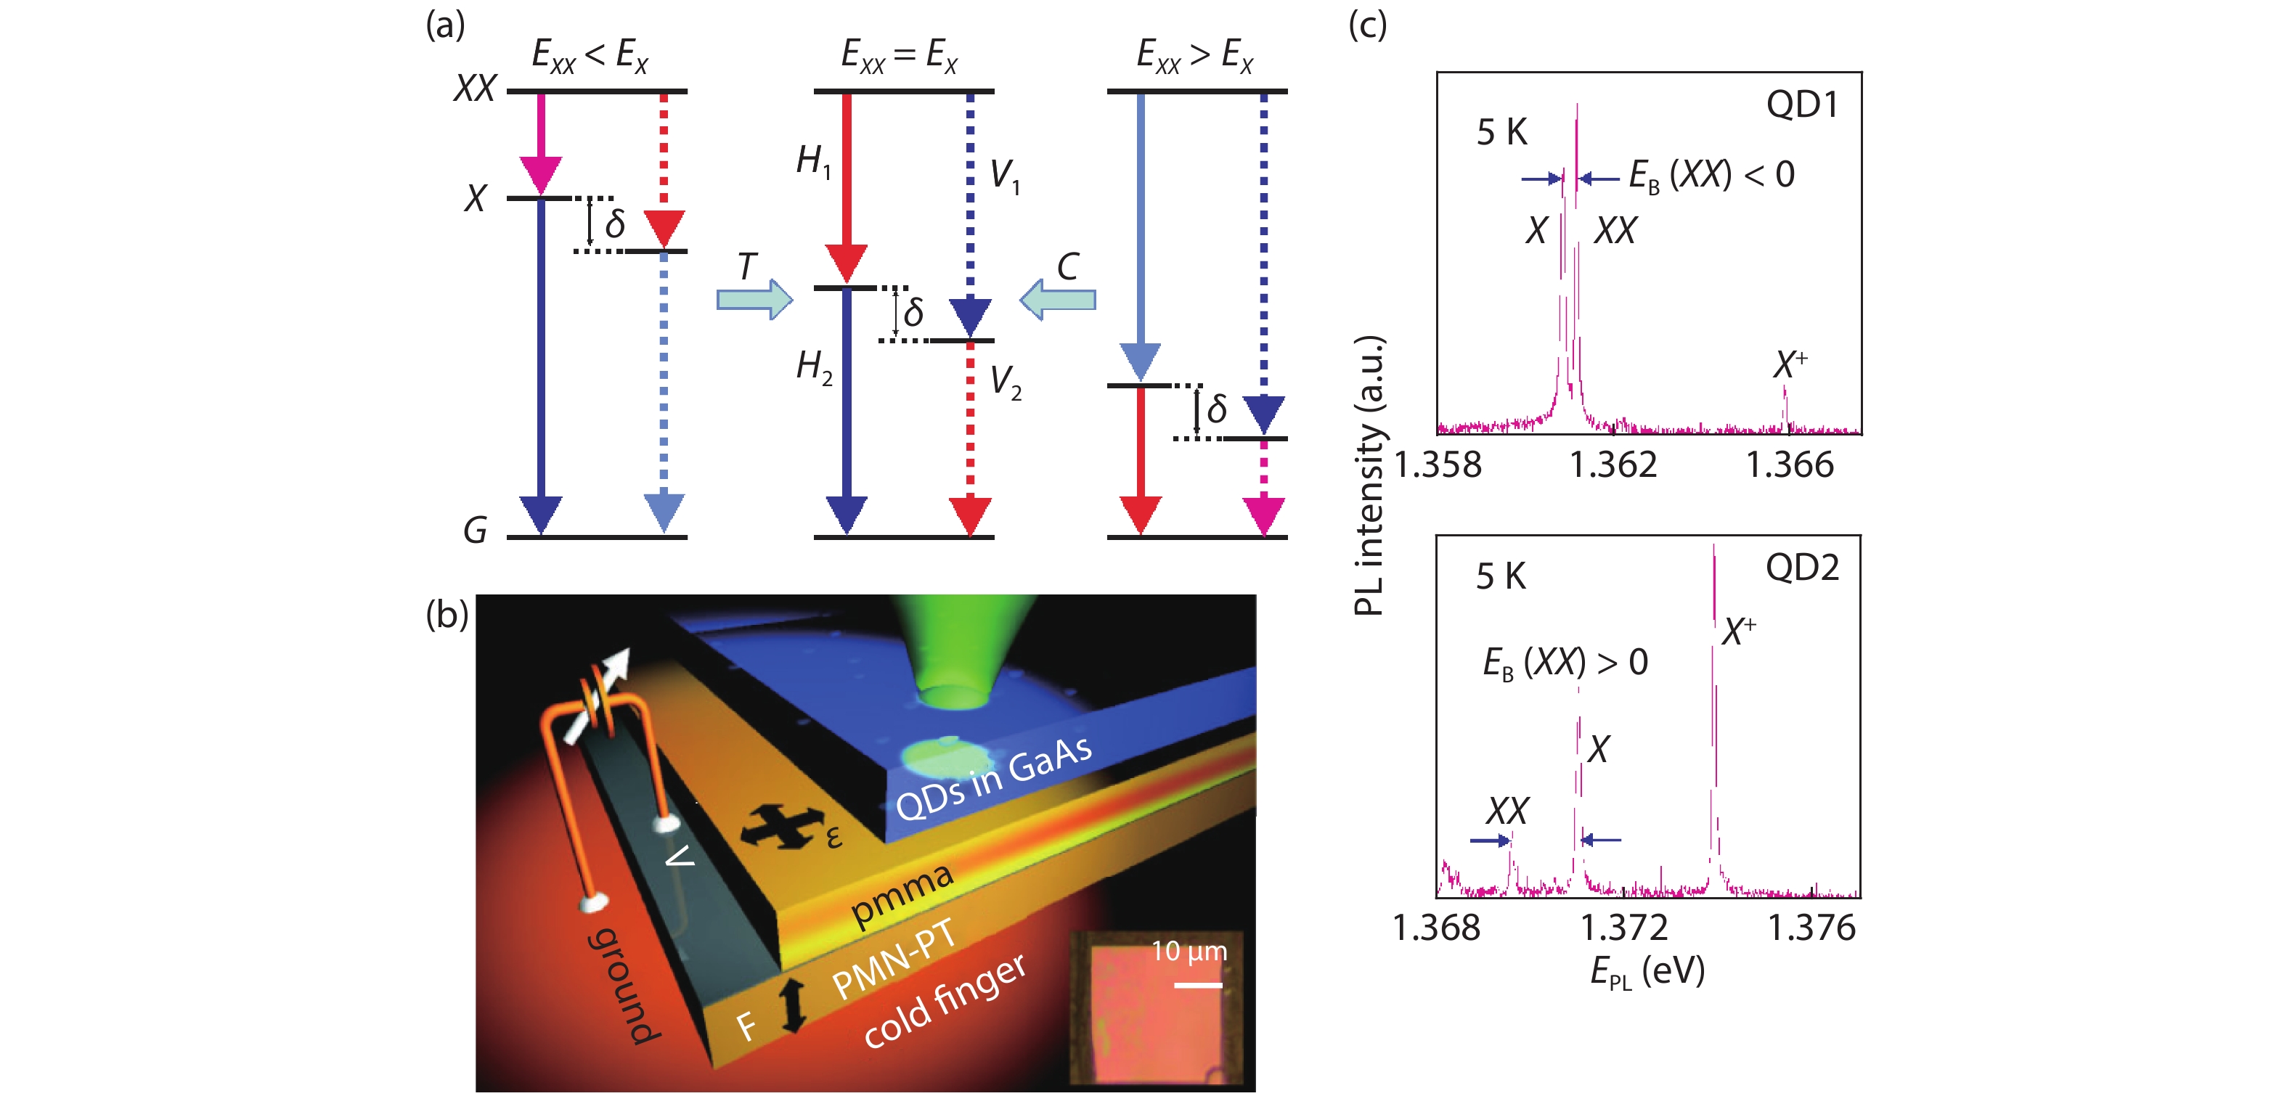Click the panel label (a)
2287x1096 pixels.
point(445,25)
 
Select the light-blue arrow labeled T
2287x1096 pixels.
point(754,299)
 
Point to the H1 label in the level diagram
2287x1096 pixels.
point(813,162)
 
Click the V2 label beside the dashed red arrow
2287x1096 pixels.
point(1005,383)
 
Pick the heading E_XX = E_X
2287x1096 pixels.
point(899,55)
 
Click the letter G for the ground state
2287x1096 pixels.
point(475,531)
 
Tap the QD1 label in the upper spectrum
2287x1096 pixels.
point(1801,105)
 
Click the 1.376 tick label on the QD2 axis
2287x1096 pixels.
point(1811,928)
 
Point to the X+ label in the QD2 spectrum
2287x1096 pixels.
point(1738,631)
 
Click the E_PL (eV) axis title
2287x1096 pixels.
point(1647,972)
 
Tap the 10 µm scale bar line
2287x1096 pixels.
point(1198,984)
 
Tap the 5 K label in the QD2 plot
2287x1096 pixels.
point(1501,577)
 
